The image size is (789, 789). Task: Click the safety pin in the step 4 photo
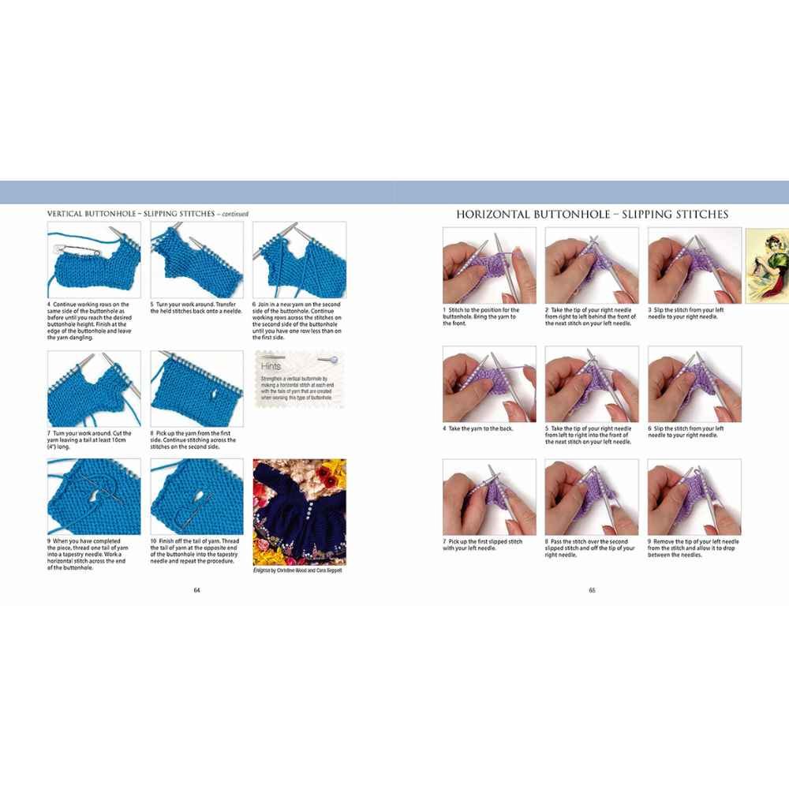pos(63,248)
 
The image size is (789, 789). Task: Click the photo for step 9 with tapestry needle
pos(94,497)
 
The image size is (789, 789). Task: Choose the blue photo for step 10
pos(196,497)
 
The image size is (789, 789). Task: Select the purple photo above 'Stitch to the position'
pos(488,266)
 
